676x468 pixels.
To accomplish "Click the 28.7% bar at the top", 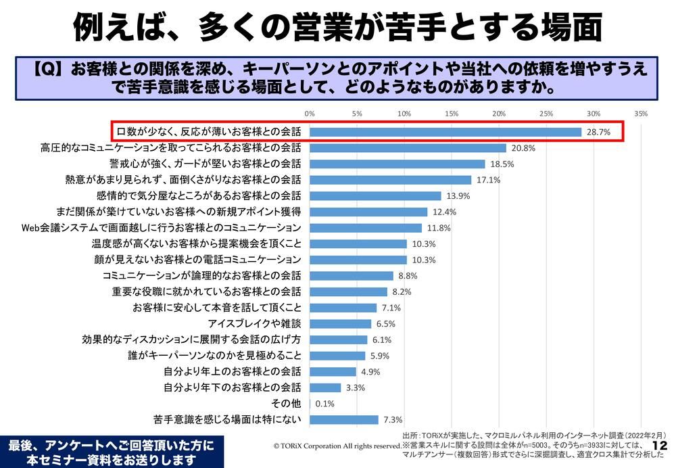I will tap(445, 132).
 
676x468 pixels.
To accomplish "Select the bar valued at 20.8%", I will tap(408, 148).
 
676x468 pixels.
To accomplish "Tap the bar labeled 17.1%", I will tap(390, 180).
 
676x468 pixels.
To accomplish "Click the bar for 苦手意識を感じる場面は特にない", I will tap(344, 420).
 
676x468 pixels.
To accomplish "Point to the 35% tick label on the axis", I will tap(641, 114).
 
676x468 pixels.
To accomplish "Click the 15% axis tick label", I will tap(452, 114).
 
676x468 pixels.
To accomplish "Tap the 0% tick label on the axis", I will tap(310, 114).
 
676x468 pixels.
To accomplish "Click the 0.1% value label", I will tap(325, 404).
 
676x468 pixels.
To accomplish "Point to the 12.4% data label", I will tap(444, 212).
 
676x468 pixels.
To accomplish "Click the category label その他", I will tap(285, 404).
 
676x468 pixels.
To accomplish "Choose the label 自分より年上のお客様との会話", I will tap(233, 372).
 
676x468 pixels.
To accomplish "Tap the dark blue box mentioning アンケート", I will tap(110, 452).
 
